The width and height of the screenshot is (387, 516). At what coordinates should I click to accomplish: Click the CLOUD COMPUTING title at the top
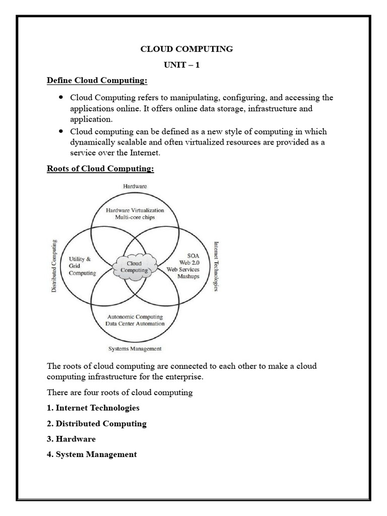coord(186,49)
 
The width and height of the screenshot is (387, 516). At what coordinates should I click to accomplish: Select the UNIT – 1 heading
coord(182,65)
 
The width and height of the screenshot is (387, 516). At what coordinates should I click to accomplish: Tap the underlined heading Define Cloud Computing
coord(97,81)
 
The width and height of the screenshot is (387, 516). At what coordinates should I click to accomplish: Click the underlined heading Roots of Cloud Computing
coord(100,168)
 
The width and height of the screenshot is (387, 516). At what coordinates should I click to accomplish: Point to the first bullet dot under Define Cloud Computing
coord(61,97)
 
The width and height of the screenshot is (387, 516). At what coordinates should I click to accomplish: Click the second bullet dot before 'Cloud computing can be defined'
coord(61,131)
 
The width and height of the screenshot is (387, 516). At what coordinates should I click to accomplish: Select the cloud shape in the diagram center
coord(135,266)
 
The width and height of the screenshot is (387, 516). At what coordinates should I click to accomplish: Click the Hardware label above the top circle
coord(135,186)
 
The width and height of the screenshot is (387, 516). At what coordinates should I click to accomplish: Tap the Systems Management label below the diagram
coord(135,348)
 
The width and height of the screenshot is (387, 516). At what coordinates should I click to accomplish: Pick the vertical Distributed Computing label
coord(54,267)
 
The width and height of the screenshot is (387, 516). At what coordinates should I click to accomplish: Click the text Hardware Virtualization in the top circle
coord(135,210)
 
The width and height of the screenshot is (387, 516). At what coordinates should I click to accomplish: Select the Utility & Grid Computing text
coord(82,266)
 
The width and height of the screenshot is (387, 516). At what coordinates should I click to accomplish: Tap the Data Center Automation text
coord(135,324)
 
